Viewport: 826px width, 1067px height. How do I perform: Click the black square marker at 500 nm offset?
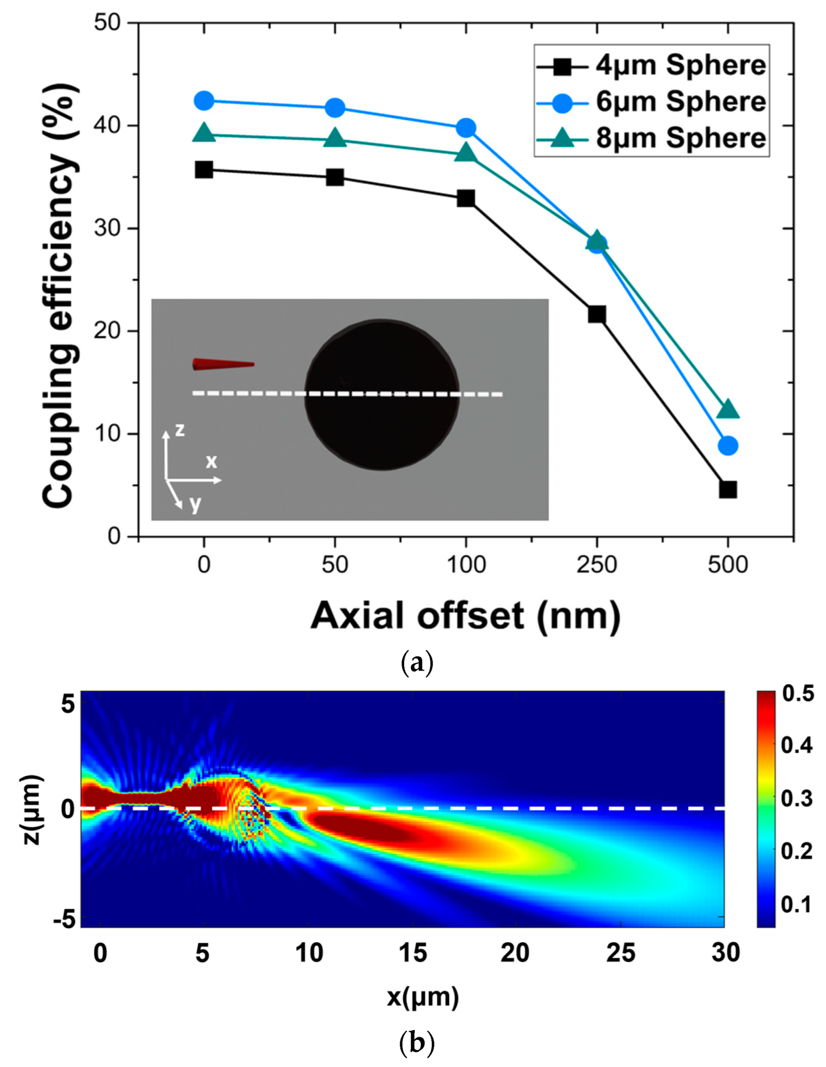(x=727, y=489)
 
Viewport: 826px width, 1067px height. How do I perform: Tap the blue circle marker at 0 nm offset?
(x=204, y=100)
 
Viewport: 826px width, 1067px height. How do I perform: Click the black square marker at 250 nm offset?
(x=597, y=315)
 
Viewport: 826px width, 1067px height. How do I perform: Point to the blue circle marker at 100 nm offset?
(x=466, y=128)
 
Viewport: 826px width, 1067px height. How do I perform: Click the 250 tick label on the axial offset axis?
(x=597, y=564)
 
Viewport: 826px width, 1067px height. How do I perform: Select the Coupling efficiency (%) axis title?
(x=60, y=295)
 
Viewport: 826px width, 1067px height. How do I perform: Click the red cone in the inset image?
(x=222, y=364)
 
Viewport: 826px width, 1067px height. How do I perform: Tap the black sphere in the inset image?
(x=382, y=395)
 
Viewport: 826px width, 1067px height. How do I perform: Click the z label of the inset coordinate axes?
(x=179, y=430)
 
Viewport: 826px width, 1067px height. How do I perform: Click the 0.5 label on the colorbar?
(x=798, y=694)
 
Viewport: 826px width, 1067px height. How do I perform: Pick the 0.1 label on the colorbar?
(x=796, y=904)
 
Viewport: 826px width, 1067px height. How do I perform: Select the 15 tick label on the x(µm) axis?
(x=412, y=953)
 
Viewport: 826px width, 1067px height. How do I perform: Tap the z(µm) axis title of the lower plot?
(x=32, y=809)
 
